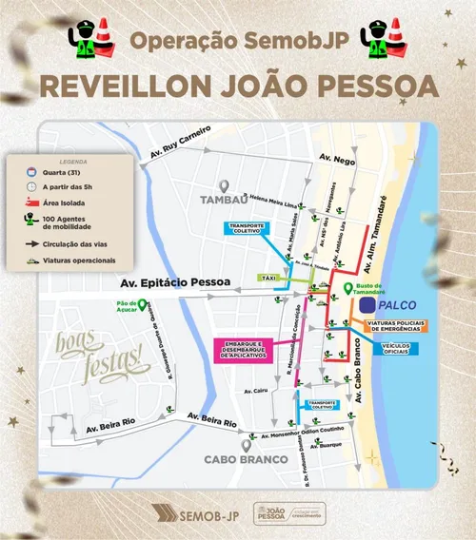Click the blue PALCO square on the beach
point(367,306)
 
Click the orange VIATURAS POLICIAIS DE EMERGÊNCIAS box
point(398,325)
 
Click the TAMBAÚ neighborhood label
point(225,200)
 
